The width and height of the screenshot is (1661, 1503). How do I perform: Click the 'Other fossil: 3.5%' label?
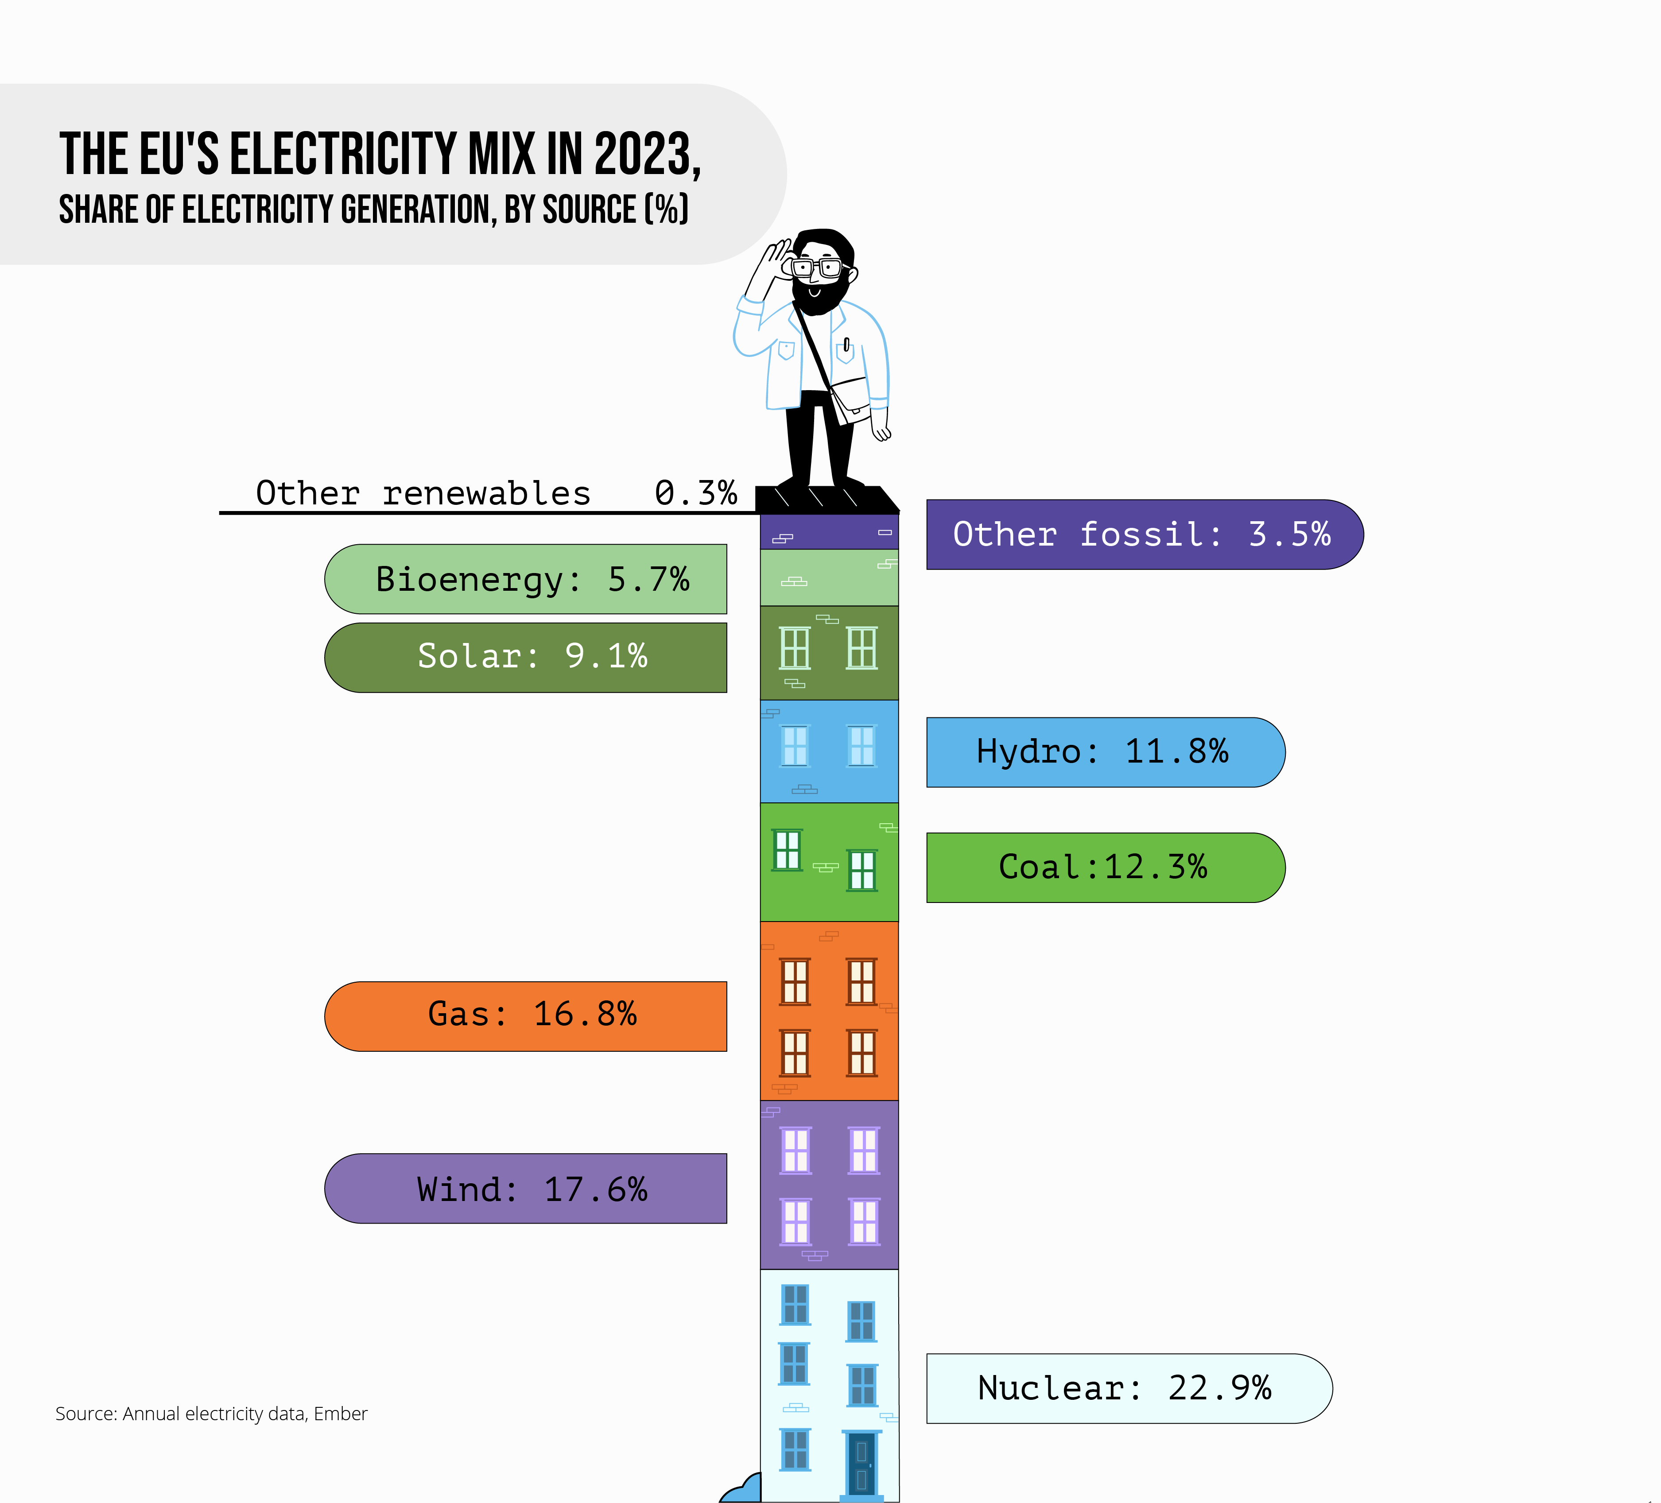pos(1142,535)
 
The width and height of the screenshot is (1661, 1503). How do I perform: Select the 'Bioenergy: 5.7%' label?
pos(532,579)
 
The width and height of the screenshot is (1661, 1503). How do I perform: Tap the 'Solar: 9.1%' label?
pos(532,656)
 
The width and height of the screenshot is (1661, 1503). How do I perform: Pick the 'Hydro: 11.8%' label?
pos(1102,752)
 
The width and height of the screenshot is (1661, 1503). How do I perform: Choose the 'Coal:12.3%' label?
pos(1102,867)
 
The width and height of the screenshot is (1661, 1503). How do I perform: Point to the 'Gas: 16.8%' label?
pos(532,1015)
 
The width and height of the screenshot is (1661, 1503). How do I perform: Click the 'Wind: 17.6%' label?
pos(532,1189)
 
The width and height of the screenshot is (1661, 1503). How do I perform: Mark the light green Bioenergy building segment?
pos(829,577)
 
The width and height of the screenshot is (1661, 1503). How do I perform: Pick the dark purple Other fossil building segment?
pos(829,532)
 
